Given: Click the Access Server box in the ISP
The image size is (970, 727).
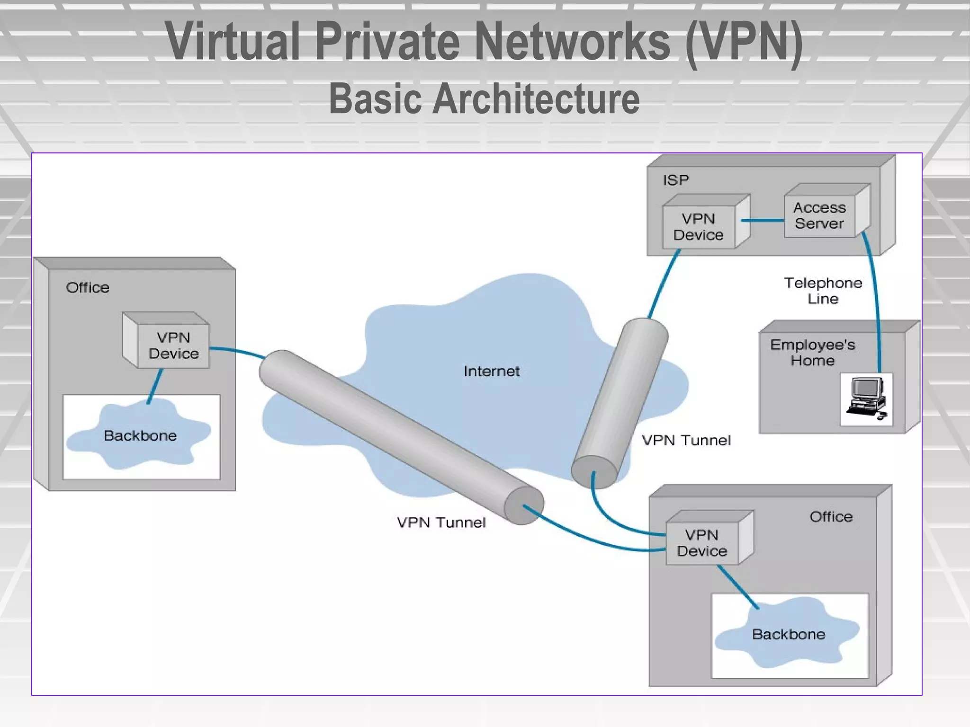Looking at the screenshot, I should (x=819, y=216).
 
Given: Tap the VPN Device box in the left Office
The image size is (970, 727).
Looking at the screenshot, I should (x=173, y=346).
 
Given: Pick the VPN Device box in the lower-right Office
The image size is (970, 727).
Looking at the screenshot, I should (x=702, y=543).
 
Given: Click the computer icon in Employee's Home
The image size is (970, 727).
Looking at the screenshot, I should (x=866, y=399).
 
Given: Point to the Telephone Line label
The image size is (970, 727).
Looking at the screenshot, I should (x=823, y=291).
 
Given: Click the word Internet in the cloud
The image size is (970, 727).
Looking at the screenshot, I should (x=491, y=371).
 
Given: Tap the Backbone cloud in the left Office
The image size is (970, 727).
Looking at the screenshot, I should (x=140, y=435).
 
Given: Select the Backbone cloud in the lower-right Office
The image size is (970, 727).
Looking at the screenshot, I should (x=789, y=634).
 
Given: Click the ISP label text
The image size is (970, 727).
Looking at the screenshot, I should (x=675, y=180).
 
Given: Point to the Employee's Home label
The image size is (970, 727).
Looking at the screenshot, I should (x=812, y=353).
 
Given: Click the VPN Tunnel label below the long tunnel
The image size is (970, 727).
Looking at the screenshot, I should (x=441, y=523).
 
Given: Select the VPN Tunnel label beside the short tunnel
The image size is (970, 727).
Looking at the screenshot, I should (x=686, y=441).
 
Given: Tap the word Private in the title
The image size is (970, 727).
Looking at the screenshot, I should (x=387, y=42).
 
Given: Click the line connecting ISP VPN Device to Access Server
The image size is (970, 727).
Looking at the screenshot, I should (x=763, y=220).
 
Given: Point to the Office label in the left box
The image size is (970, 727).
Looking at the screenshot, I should (x=88, y=288).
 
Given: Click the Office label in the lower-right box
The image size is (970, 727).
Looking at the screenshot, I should (x=831, y=516).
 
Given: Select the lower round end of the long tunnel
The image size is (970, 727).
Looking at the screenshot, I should (x=524, y=506).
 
